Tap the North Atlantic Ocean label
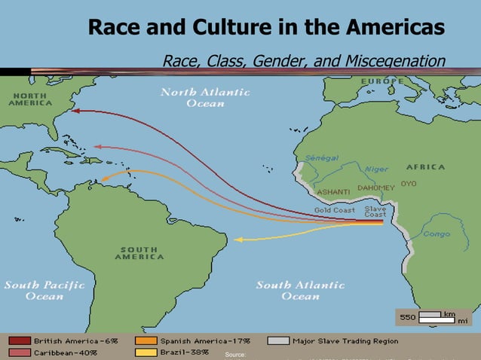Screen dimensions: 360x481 point(205,97)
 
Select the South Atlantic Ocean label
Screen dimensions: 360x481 point(300,290)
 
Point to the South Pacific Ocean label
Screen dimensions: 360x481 point(44,290)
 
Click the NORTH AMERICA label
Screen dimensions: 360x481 point(31,99)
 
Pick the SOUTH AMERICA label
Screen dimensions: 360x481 point(139,253)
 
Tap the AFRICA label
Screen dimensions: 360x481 point(425,166)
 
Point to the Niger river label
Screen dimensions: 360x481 point(376,169)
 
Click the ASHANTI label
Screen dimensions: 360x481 point(333,192)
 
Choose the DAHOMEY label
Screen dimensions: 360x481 point(375,188)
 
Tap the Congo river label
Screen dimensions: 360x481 point(436,234)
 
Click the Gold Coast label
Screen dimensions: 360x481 point(334,210)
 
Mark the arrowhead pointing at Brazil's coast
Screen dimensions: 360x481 point(237,239)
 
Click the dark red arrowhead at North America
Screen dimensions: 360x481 point(76,111)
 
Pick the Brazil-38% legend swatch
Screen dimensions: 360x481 point(146,352)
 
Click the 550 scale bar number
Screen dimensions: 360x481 point(407,317)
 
